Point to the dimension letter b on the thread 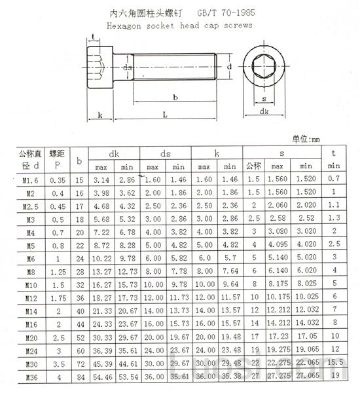point(174,98)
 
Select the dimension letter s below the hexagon point(264,100)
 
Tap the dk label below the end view point(264,112)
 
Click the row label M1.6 point(29,179)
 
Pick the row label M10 point(29,285)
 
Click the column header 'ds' point(166,153)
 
